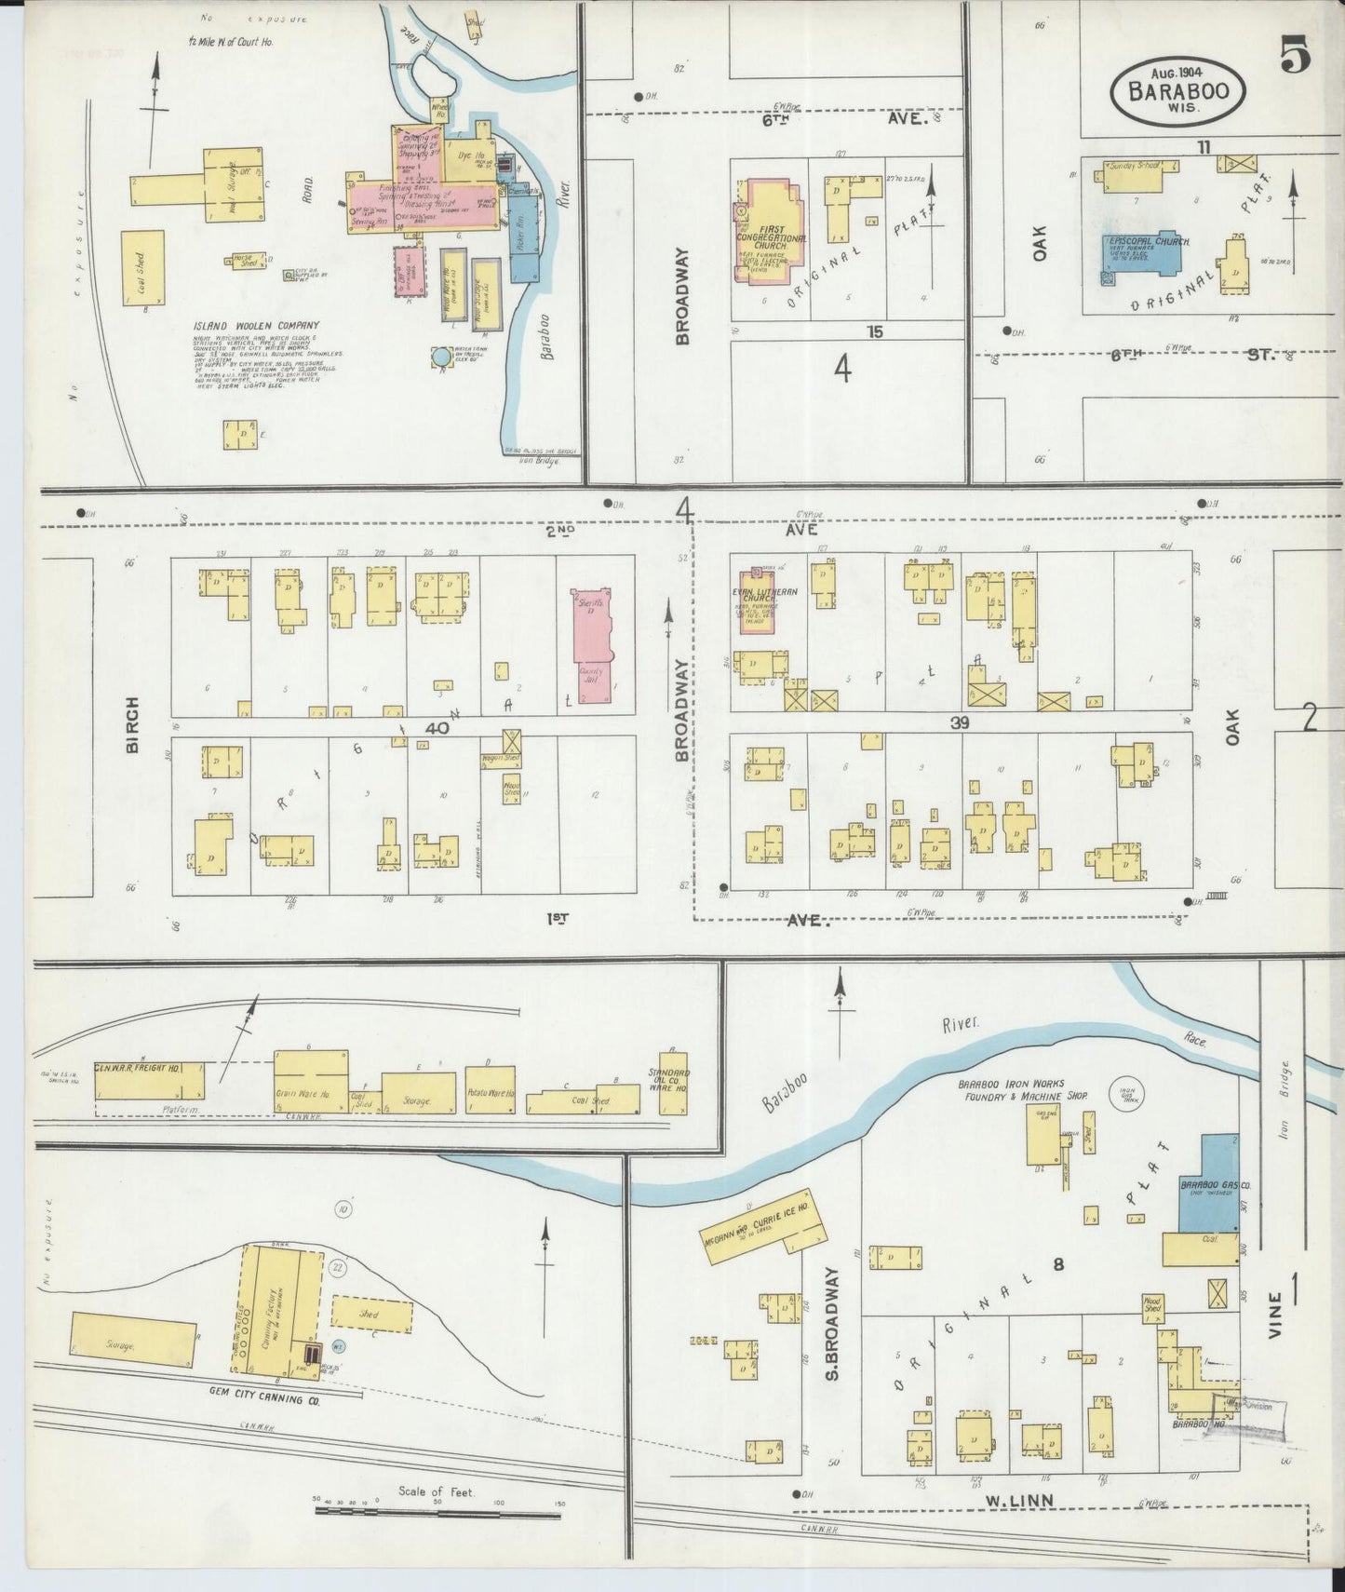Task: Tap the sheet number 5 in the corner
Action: [x=1295, y=58]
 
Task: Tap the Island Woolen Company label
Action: [x=256, y=325]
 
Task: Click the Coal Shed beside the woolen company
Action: [x=142, y=266]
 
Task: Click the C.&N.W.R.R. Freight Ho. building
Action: [x=149, y=1080]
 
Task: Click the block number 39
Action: [x=961, y=722]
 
